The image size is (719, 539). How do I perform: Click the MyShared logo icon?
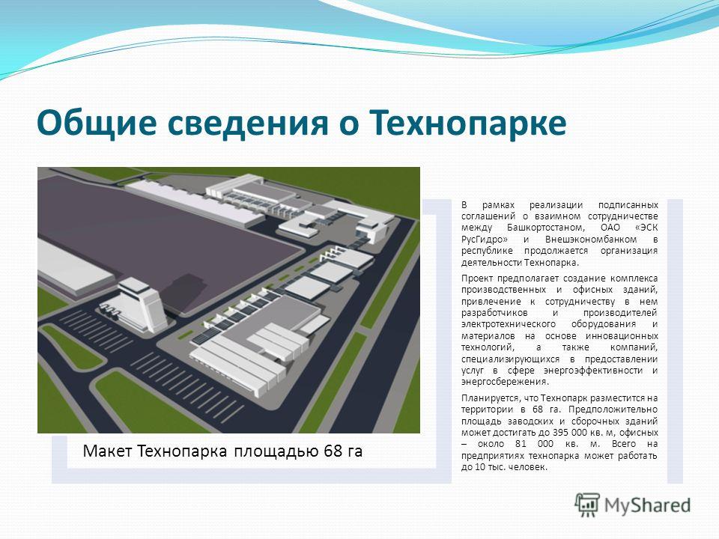click(x=587, y=505)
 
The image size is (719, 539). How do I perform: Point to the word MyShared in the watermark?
click(x=647, y=505)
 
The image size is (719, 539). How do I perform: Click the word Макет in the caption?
click(x=108, y=451)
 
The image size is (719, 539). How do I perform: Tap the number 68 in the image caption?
click(x=333, y=451)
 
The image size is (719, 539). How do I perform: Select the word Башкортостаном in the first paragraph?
click(x=546, y=228)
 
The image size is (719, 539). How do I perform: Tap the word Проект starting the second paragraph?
click(x=478, y=278)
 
